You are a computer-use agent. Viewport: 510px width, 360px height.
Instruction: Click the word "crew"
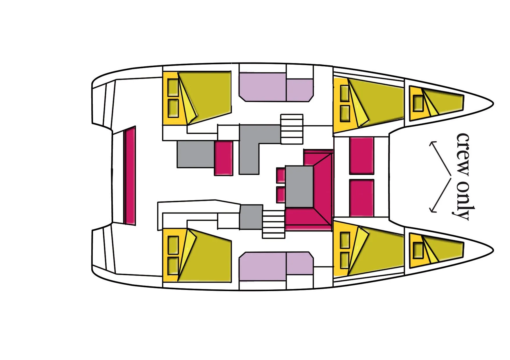pos(462,154)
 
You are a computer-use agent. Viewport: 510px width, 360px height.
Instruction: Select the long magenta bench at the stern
pos(130,175)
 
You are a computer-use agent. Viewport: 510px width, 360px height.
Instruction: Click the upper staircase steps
pos(292,129)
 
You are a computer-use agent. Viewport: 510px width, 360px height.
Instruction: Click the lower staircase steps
pos(273,224)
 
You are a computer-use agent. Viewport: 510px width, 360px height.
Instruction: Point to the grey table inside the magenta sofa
pos(299,186)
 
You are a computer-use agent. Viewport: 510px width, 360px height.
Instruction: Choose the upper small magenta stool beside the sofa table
pos(281,175)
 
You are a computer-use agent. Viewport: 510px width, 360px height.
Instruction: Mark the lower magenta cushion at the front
pos(362,198)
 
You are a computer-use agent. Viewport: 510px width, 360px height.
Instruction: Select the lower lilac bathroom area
pos(276,266)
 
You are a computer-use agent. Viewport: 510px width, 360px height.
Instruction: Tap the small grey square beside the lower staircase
pos(251,217)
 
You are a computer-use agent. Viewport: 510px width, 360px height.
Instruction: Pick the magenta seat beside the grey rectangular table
pos(224,158)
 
